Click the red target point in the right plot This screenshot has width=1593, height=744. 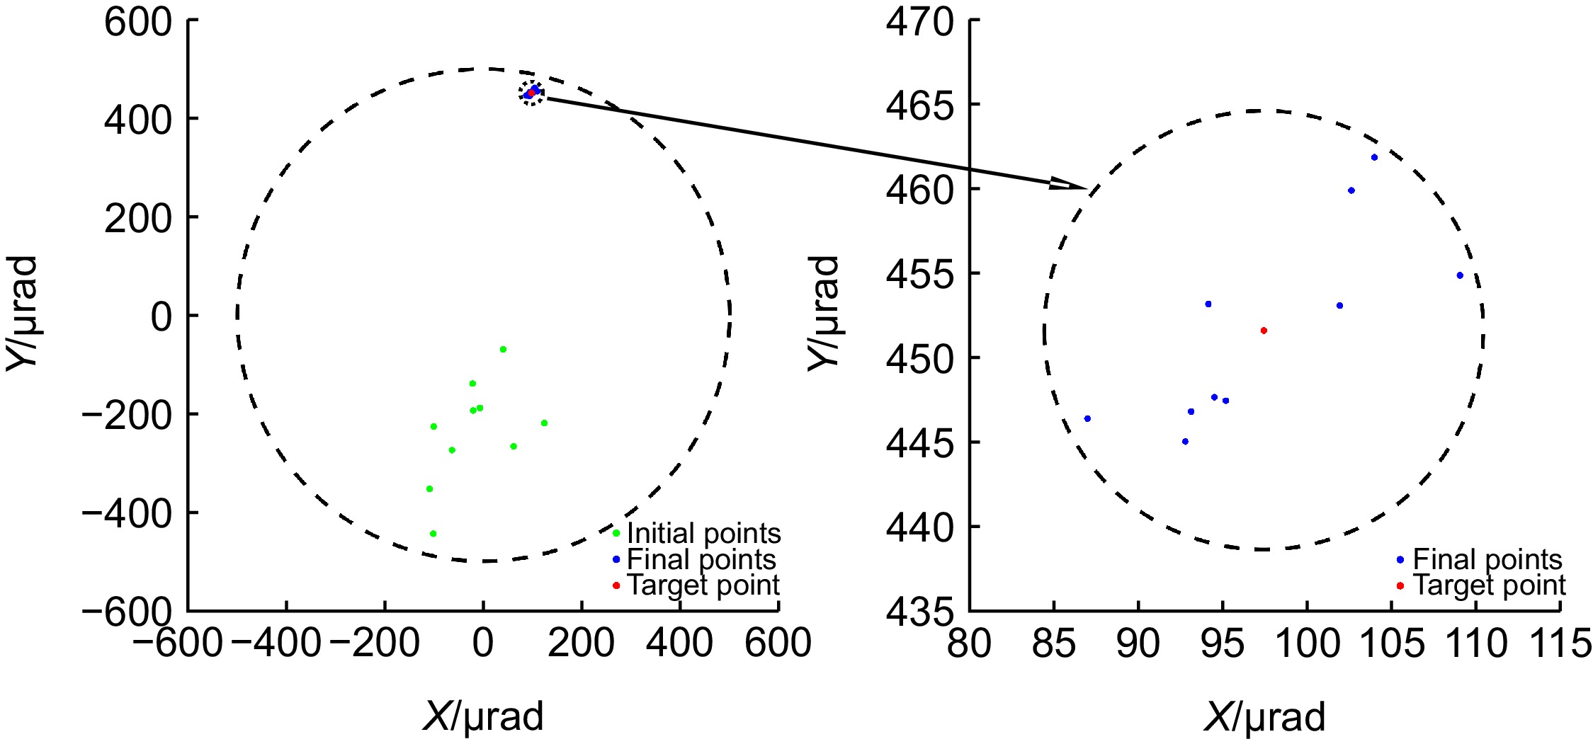click(1264, 331)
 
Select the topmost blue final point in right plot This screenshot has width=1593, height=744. click(1374, 157)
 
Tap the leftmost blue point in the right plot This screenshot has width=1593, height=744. click(1087, 418)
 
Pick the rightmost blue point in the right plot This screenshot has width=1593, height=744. click(1460, 275)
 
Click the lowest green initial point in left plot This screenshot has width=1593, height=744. click(433, 534)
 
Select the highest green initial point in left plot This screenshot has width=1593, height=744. click(503, 349)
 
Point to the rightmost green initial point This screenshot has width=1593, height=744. click(544, 423)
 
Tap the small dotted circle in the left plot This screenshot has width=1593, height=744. click(531, 93)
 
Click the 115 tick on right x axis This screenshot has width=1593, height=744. click(1560, 644)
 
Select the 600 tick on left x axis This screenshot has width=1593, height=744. click(778, 644)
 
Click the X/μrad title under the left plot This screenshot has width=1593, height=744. click(483, 716)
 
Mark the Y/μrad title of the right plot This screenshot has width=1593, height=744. click(824, 313)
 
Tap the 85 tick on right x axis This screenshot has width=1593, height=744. click(1053, 644)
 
